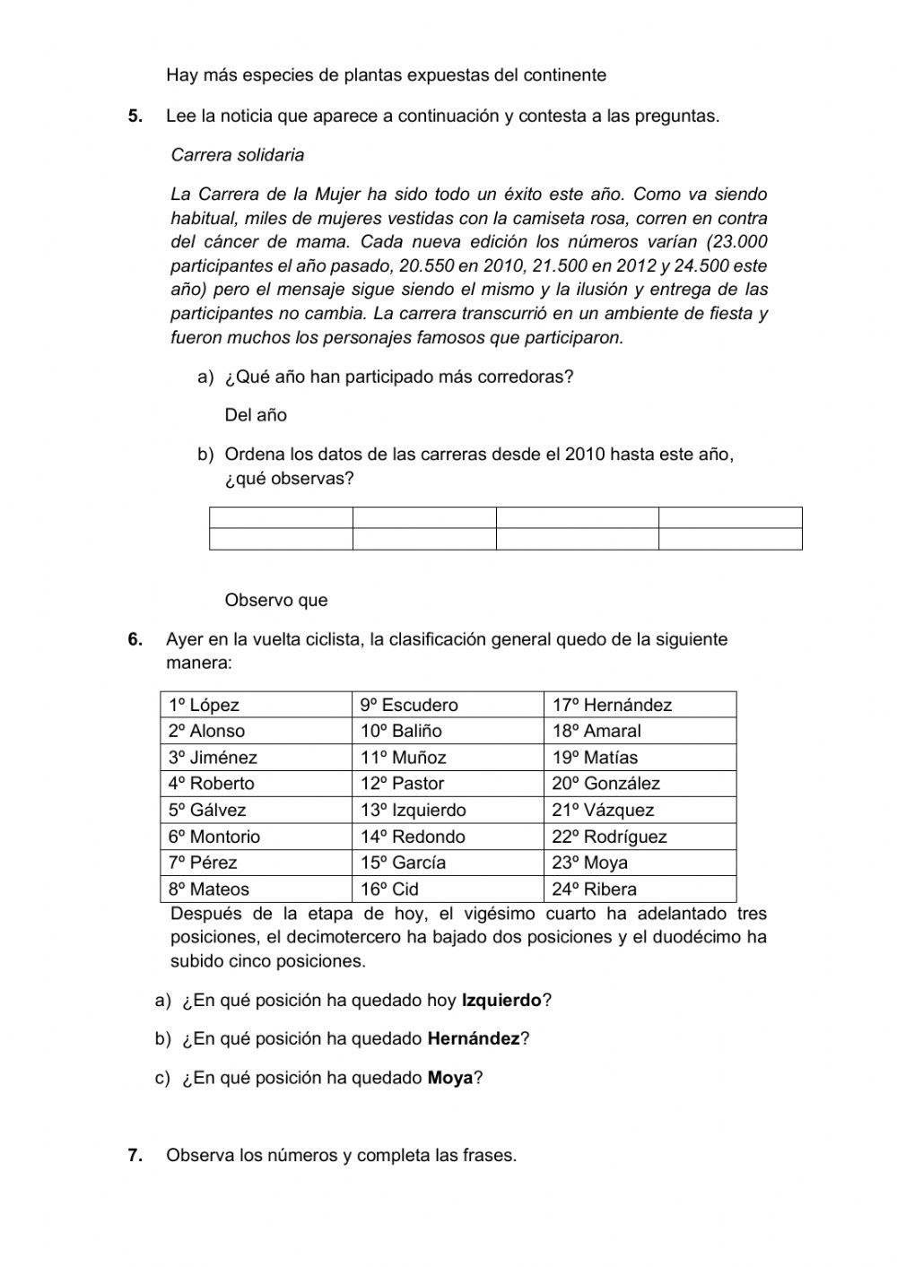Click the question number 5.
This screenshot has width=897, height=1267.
[135, 116]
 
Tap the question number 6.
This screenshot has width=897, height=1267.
[135, 639]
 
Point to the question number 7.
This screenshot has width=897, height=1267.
[135, 1155]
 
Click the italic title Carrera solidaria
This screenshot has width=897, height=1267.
[238, 155]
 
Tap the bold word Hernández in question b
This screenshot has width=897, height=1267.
[474, 1038]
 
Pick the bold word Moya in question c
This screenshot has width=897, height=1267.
[450, 1078]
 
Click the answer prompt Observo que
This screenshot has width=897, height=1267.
[276, 601]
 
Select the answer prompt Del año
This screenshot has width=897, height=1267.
[256, 415]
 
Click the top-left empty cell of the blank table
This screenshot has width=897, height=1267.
[281, 517]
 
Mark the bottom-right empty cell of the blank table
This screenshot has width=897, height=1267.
[730, 538]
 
